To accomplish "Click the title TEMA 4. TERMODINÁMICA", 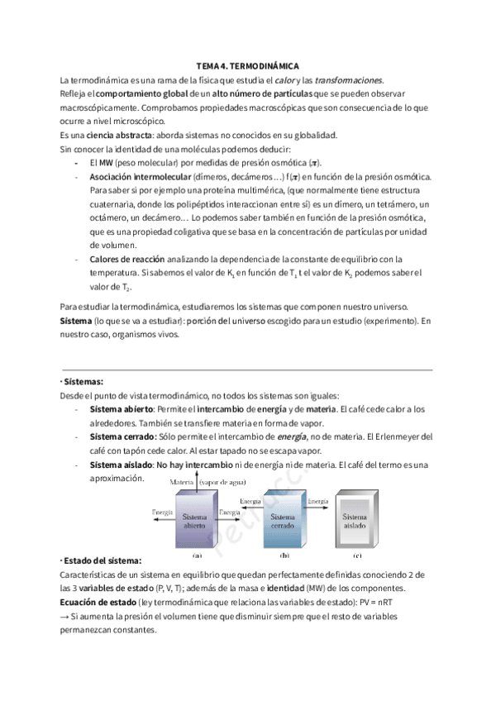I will click(x=247, y=65).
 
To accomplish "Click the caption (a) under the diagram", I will click(x=196, y=555).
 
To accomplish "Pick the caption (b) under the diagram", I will click(x=284, y=555).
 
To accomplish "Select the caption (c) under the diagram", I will click(x=357, y=555).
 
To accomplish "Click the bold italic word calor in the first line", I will click(x=285, y=79).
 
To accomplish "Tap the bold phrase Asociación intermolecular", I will click(x=139, y=177).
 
